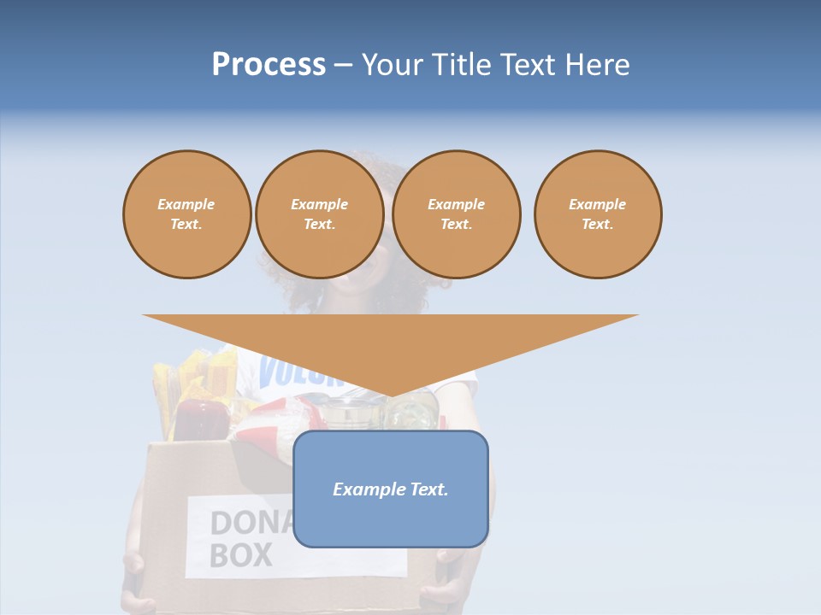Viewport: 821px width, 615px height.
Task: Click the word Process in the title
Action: [x=269, y=65]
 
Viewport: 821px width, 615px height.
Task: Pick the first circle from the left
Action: [x=186, y=214]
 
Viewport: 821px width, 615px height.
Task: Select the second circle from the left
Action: [x=319, y=214]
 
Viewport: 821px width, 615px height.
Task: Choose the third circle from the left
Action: [x=456, y=214]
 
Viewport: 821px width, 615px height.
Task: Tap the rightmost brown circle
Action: [x=598, y=214]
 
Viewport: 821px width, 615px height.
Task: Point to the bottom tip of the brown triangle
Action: [x=391, y=396]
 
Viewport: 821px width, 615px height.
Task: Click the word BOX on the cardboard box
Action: [x=240, y=555]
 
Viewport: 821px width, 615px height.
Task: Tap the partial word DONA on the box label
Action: [x=251, y=523]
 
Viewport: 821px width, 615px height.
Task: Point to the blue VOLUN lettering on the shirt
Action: [x=291, y=372]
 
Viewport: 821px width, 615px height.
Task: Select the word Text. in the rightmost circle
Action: [x=598, y=225]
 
